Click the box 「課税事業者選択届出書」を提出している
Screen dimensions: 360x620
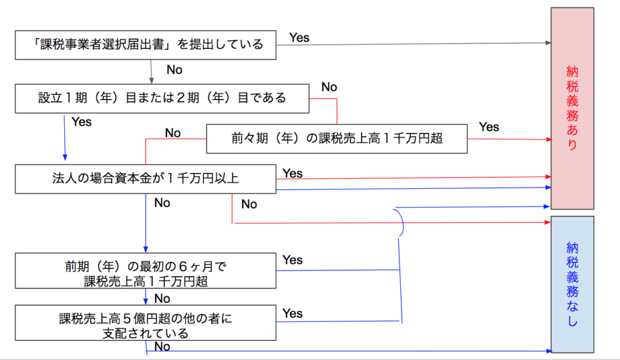click(145, 45)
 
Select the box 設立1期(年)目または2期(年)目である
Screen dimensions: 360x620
click(162, 98)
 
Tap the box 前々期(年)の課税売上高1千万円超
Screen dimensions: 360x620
click(337, 139)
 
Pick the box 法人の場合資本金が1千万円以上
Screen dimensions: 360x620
click(145, 178)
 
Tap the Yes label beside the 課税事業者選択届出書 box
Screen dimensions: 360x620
click(299, 38)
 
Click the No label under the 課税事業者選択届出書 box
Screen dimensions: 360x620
click(174, 70)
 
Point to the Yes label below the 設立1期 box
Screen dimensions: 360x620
click(82, 122)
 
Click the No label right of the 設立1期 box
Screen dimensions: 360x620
click(329, 87)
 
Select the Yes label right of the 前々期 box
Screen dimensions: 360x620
click(489, 127)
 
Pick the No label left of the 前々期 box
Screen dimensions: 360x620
click(173, 133)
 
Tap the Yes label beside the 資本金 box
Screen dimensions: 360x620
click(292, 174)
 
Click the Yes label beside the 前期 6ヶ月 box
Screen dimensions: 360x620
click(292, 260)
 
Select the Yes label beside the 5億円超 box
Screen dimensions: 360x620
click(292, 313)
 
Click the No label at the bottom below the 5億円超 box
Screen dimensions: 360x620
click(162, 347)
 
